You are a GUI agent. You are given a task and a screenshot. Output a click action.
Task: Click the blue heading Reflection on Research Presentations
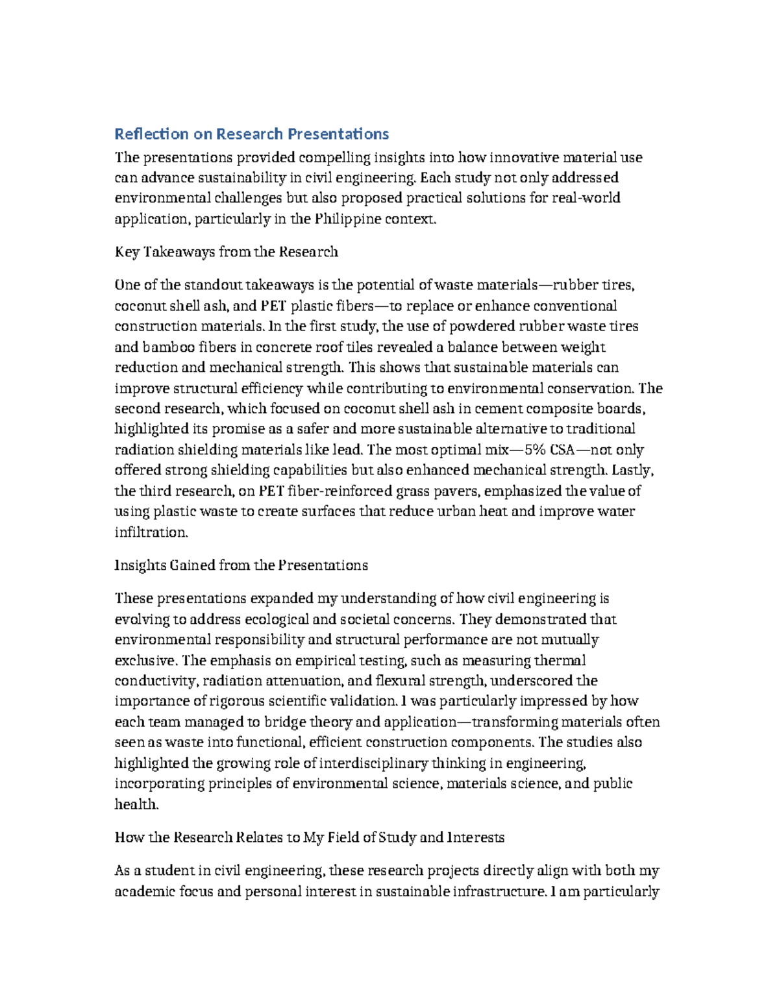pos(251,134)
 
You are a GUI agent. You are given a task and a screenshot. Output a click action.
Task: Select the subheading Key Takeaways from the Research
pos(226,252)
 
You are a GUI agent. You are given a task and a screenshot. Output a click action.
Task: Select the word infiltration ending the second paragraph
pos(151,533)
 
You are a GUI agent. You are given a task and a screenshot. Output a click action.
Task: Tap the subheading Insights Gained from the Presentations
pos(241,565)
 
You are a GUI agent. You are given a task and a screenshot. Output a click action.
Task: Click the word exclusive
pos(144,661)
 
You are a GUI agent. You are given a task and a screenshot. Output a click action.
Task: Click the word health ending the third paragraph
pos(136,805)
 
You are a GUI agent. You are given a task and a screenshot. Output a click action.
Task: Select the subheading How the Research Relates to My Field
pos(309,838)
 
